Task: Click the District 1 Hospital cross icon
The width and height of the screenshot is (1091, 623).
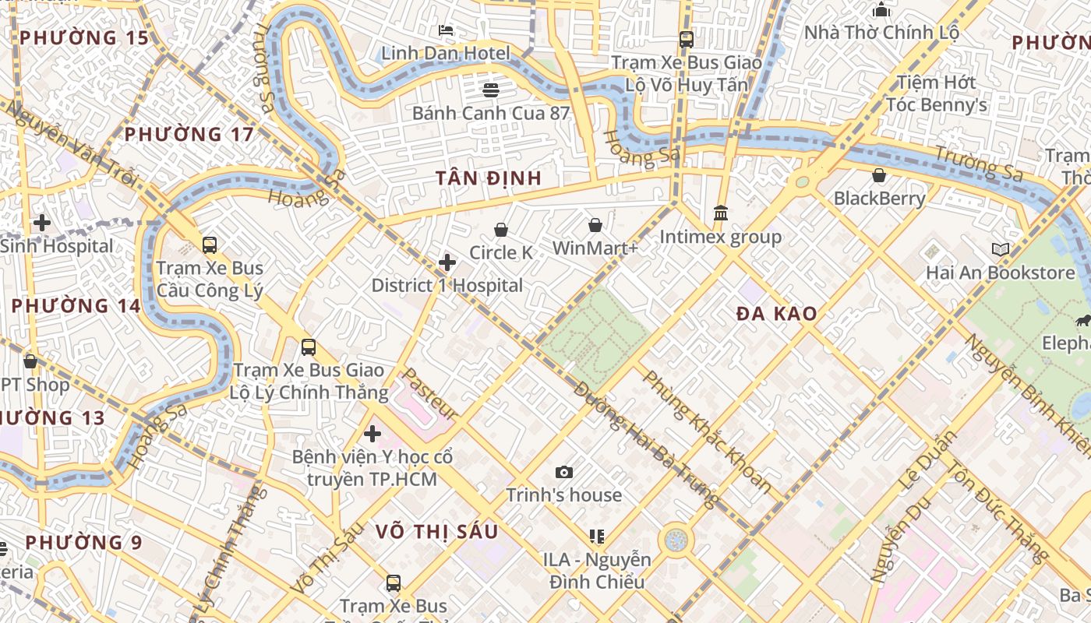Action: pyautogui.click(x=447, y=262)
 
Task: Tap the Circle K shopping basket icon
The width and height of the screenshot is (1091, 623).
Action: pyautogui.click(x=501, y=230)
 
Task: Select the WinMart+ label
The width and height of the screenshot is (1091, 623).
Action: pyautogui.click(x=595, y=248)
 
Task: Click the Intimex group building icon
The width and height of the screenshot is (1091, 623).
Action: pyautogui.click(x=721, y=213)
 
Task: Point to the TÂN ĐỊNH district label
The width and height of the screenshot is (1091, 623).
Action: pyautogui.click(x=489, y=178)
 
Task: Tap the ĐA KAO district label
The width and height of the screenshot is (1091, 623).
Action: pyautogui.click(x=777, y=314)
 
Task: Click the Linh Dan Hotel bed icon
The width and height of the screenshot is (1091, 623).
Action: pyautogui.click(x=446, y=30)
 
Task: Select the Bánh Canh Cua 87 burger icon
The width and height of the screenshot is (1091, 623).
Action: pyautogui.click(x=490, y=90)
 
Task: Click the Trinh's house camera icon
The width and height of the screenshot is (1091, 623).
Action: pyautogui.click(x=564, y=472)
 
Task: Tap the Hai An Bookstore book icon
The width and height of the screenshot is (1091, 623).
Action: pyautogui.click(x=1001, y=250)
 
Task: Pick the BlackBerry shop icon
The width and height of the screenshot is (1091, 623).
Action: pyautogui.click(x=879, y=175)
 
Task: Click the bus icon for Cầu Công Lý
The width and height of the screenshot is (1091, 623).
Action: pyautogui.click(x=210, y=245)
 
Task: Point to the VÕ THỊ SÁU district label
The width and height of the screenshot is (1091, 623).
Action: pyautogui.click(x=436, y=532)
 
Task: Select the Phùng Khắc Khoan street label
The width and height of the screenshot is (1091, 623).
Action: pyautogui.click(x=707, y=432)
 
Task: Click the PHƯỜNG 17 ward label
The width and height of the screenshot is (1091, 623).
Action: pyautogui.click(x=189, y=135)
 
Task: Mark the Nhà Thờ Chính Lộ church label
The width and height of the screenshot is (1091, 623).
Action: pyautogui.click(x=881, y=33)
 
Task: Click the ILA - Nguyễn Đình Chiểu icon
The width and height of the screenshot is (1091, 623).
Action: pyautogui.click(x=597, y=536)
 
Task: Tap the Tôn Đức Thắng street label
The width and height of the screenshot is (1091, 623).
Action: pyautogui.click(x=998, y=511)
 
